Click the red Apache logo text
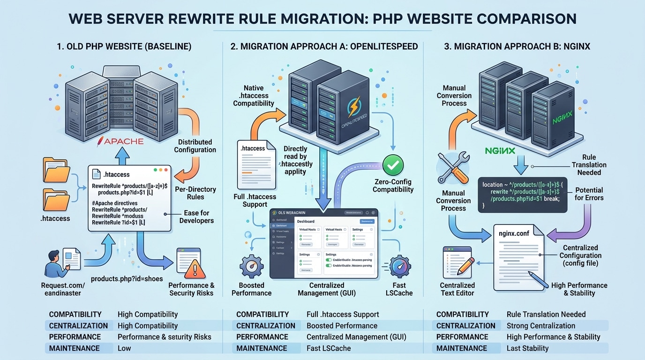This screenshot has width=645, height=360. [120, 141]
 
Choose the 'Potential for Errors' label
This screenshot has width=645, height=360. [589, 194]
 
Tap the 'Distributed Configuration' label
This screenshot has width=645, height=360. [195, 146]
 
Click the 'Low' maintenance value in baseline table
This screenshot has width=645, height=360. [124, 348]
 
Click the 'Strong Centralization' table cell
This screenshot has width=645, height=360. [540, 326]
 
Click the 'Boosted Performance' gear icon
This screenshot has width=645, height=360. [252, 266]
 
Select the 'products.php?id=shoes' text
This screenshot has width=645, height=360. [127, 278]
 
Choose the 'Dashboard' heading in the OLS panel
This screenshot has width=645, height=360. [306, 221]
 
